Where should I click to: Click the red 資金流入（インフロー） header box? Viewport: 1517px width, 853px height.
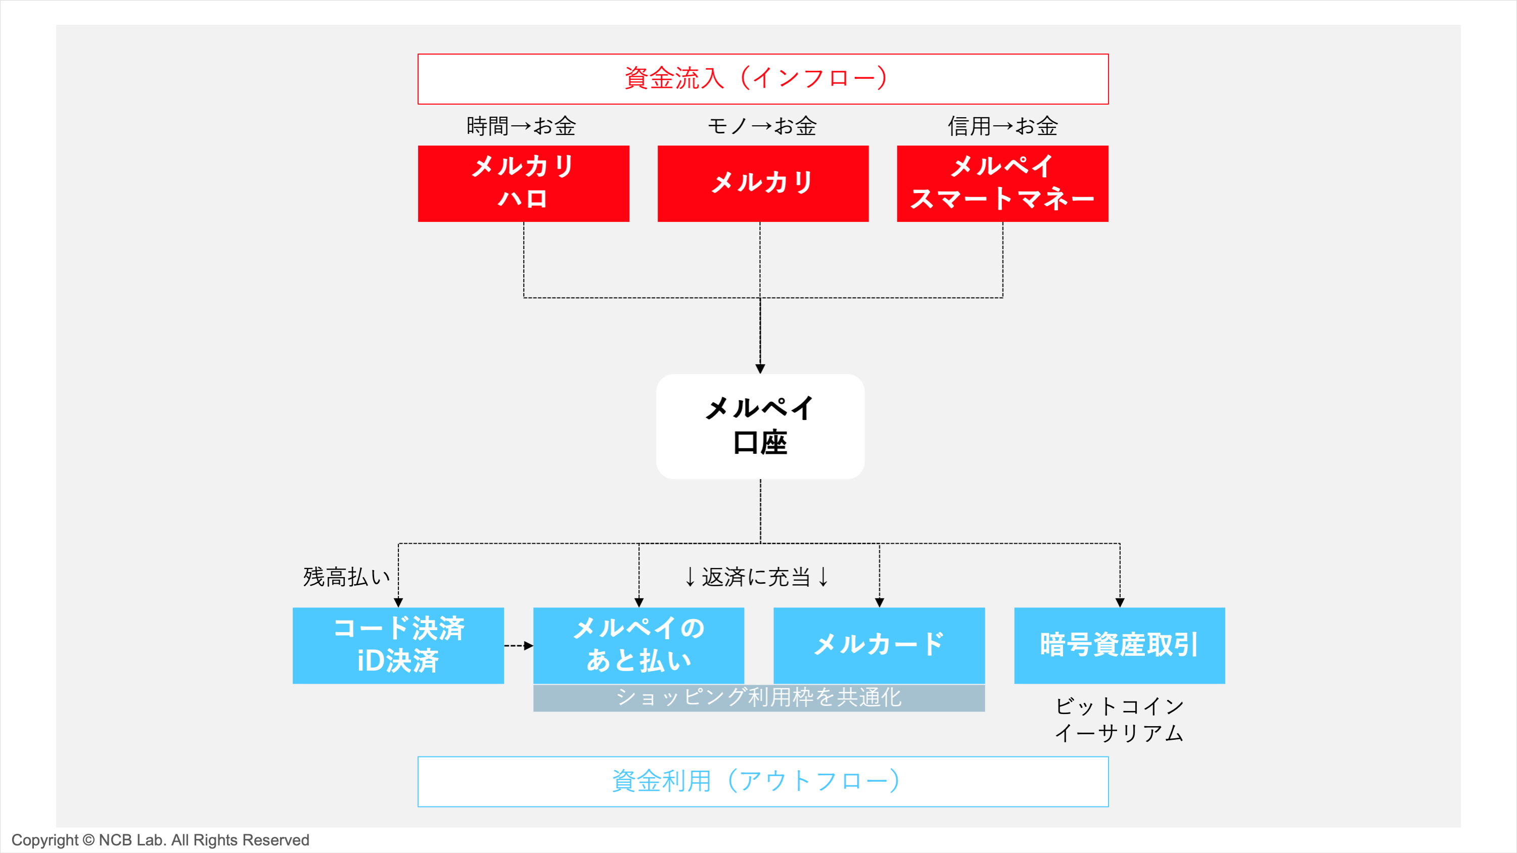[x=763, y=79]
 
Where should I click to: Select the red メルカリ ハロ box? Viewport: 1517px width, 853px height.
[x=524, y=183]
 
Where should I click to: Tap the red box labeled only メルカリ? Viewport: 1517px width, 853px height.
[x=763, y=183]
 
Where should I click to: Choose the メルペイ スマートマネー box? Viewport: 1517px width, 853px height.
[x=1002, y=183]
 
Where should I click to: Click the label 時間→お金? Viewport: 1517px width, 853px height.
[x=521, y=126]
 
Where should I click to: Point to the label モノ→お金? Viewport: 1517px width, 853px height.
[x=762, y=126]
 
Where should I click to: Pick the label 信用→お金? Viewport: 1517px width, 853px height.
[x=1002, y=126]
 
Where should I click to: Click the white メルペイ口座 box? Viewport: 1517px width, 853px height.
[x=760, y=426]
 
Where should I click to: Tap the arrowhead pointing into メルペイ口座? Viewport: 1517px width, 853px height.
[x=760, y=368]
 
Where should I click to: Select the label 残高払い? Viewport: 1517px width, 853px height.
[x=346, y=577]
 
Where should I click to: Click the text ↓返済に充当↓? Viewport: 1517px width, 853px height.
[x=757, y=577]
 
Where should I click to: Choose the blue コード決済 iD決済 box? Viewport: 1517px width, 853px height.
[x=398, y=645]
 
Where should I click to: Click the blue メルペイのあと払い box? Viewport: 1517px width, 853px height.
[x=638, y=645]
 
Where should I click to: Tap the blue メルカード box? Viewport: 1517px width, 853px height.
[x=879, y=645]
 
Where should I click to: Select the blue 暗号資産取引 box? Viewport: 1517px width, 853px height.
[x=1119, y=645]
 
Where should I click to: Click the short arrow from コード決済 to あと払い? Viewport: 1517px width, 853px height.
[x=519, y=646]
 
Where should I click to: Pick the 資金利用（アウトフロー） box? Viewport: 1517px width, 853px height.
[x=763, y=781]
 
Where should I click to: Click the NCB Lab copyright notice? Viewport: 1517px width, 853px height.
[x=160, y=840]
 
